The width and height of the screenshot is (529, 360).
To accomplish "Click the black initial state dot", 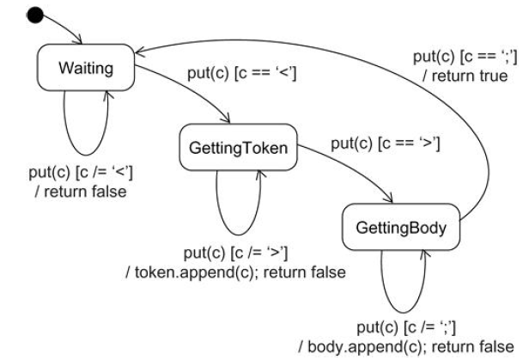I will pos(35,15).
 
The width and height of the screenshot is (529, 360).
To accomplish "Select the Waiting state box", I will pos(86,66).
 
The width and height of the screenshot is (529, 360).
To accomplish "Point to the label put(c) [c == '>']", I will pos(386,143).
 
